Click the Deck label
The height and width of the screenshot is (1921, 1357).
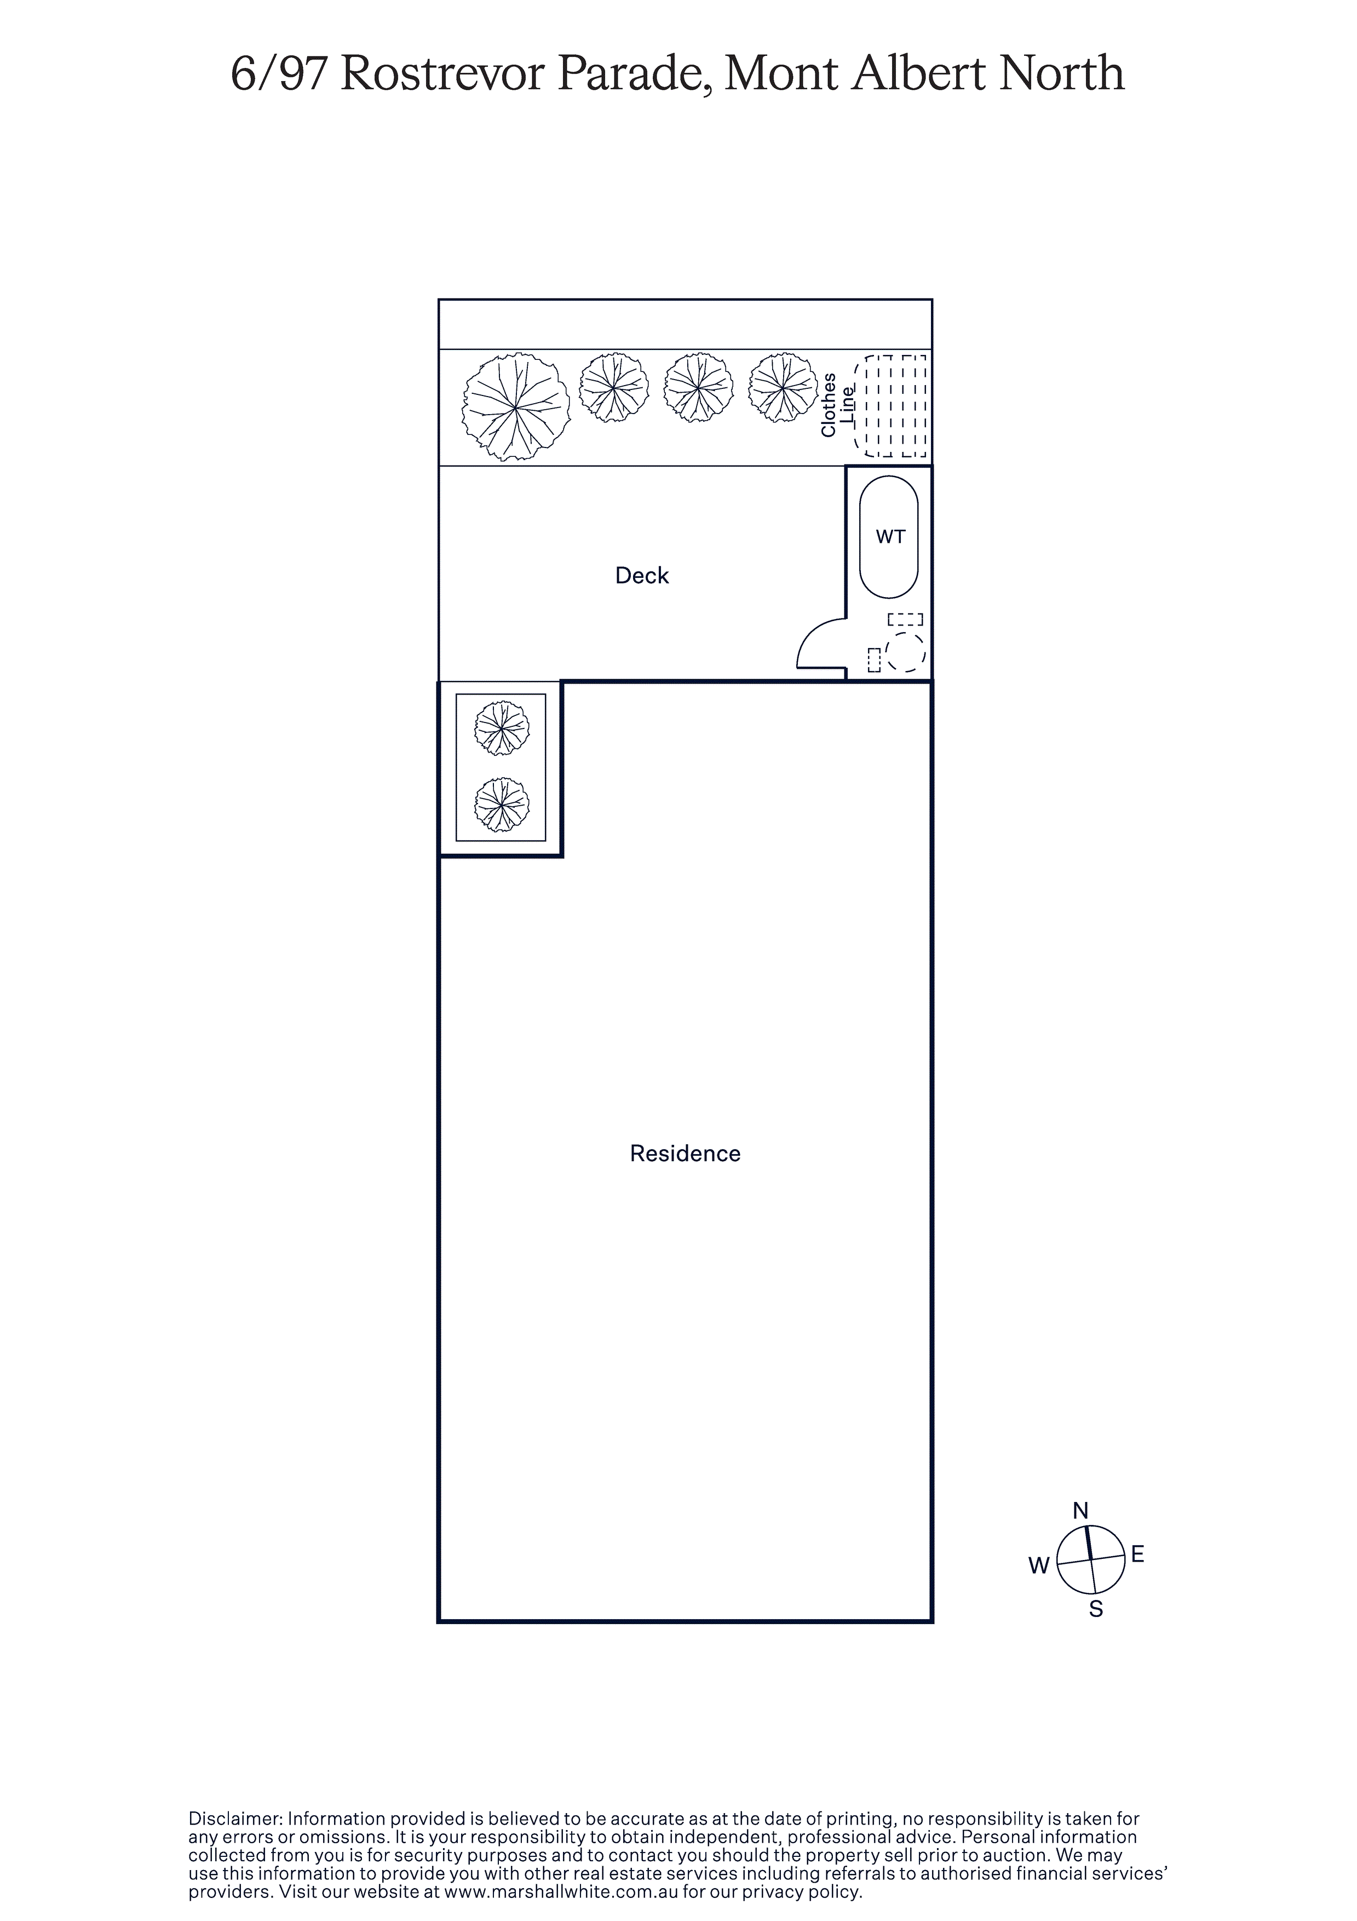coord(642,576)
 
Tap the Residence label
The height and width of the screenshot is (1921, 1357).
coord(685,1154)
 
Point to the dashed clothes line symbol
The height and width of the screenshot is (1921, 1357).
coord(890,406)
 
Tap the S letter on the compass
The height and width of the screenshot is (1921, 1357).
coord(1096,1609)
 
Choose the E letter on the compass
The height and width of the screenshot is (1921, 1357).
coord(1138,1555)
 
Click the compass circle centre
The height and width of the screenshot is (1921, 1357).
coord(1091,1559)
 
